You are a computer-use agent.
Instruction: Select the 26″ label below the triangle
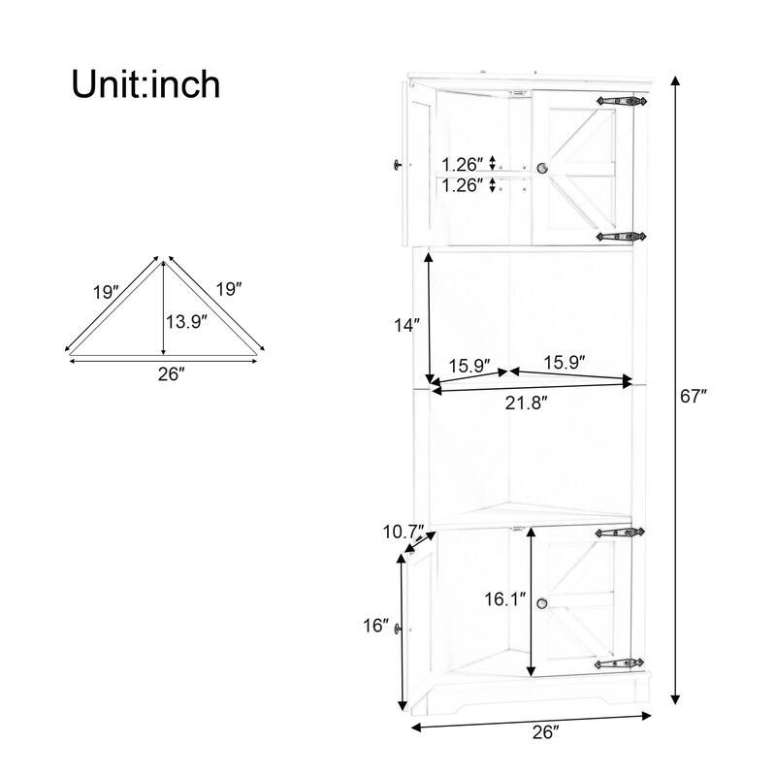171,373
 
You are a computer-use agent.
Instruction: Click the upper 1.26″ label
463,164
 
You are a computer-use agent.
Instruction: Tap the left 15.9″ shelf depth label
469,366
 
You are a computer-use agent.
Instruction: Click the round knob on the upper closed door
543,169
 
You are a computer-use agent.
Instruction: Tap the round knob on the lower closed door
543,603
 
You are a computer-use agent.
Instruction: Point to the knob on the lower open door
399,631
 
